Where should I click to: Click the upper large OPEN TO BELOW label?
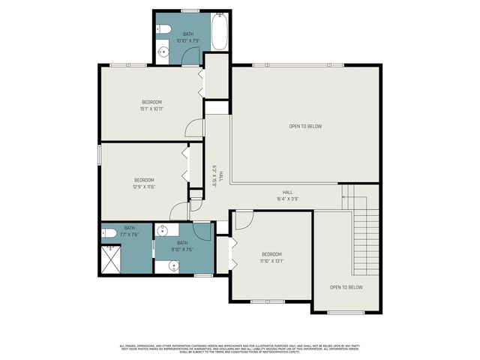tap(305, 126)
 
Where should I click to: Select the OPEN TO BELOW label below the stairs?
tap(346, 287)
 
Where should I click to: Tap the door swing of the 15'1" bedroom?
tap(194, 128)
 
